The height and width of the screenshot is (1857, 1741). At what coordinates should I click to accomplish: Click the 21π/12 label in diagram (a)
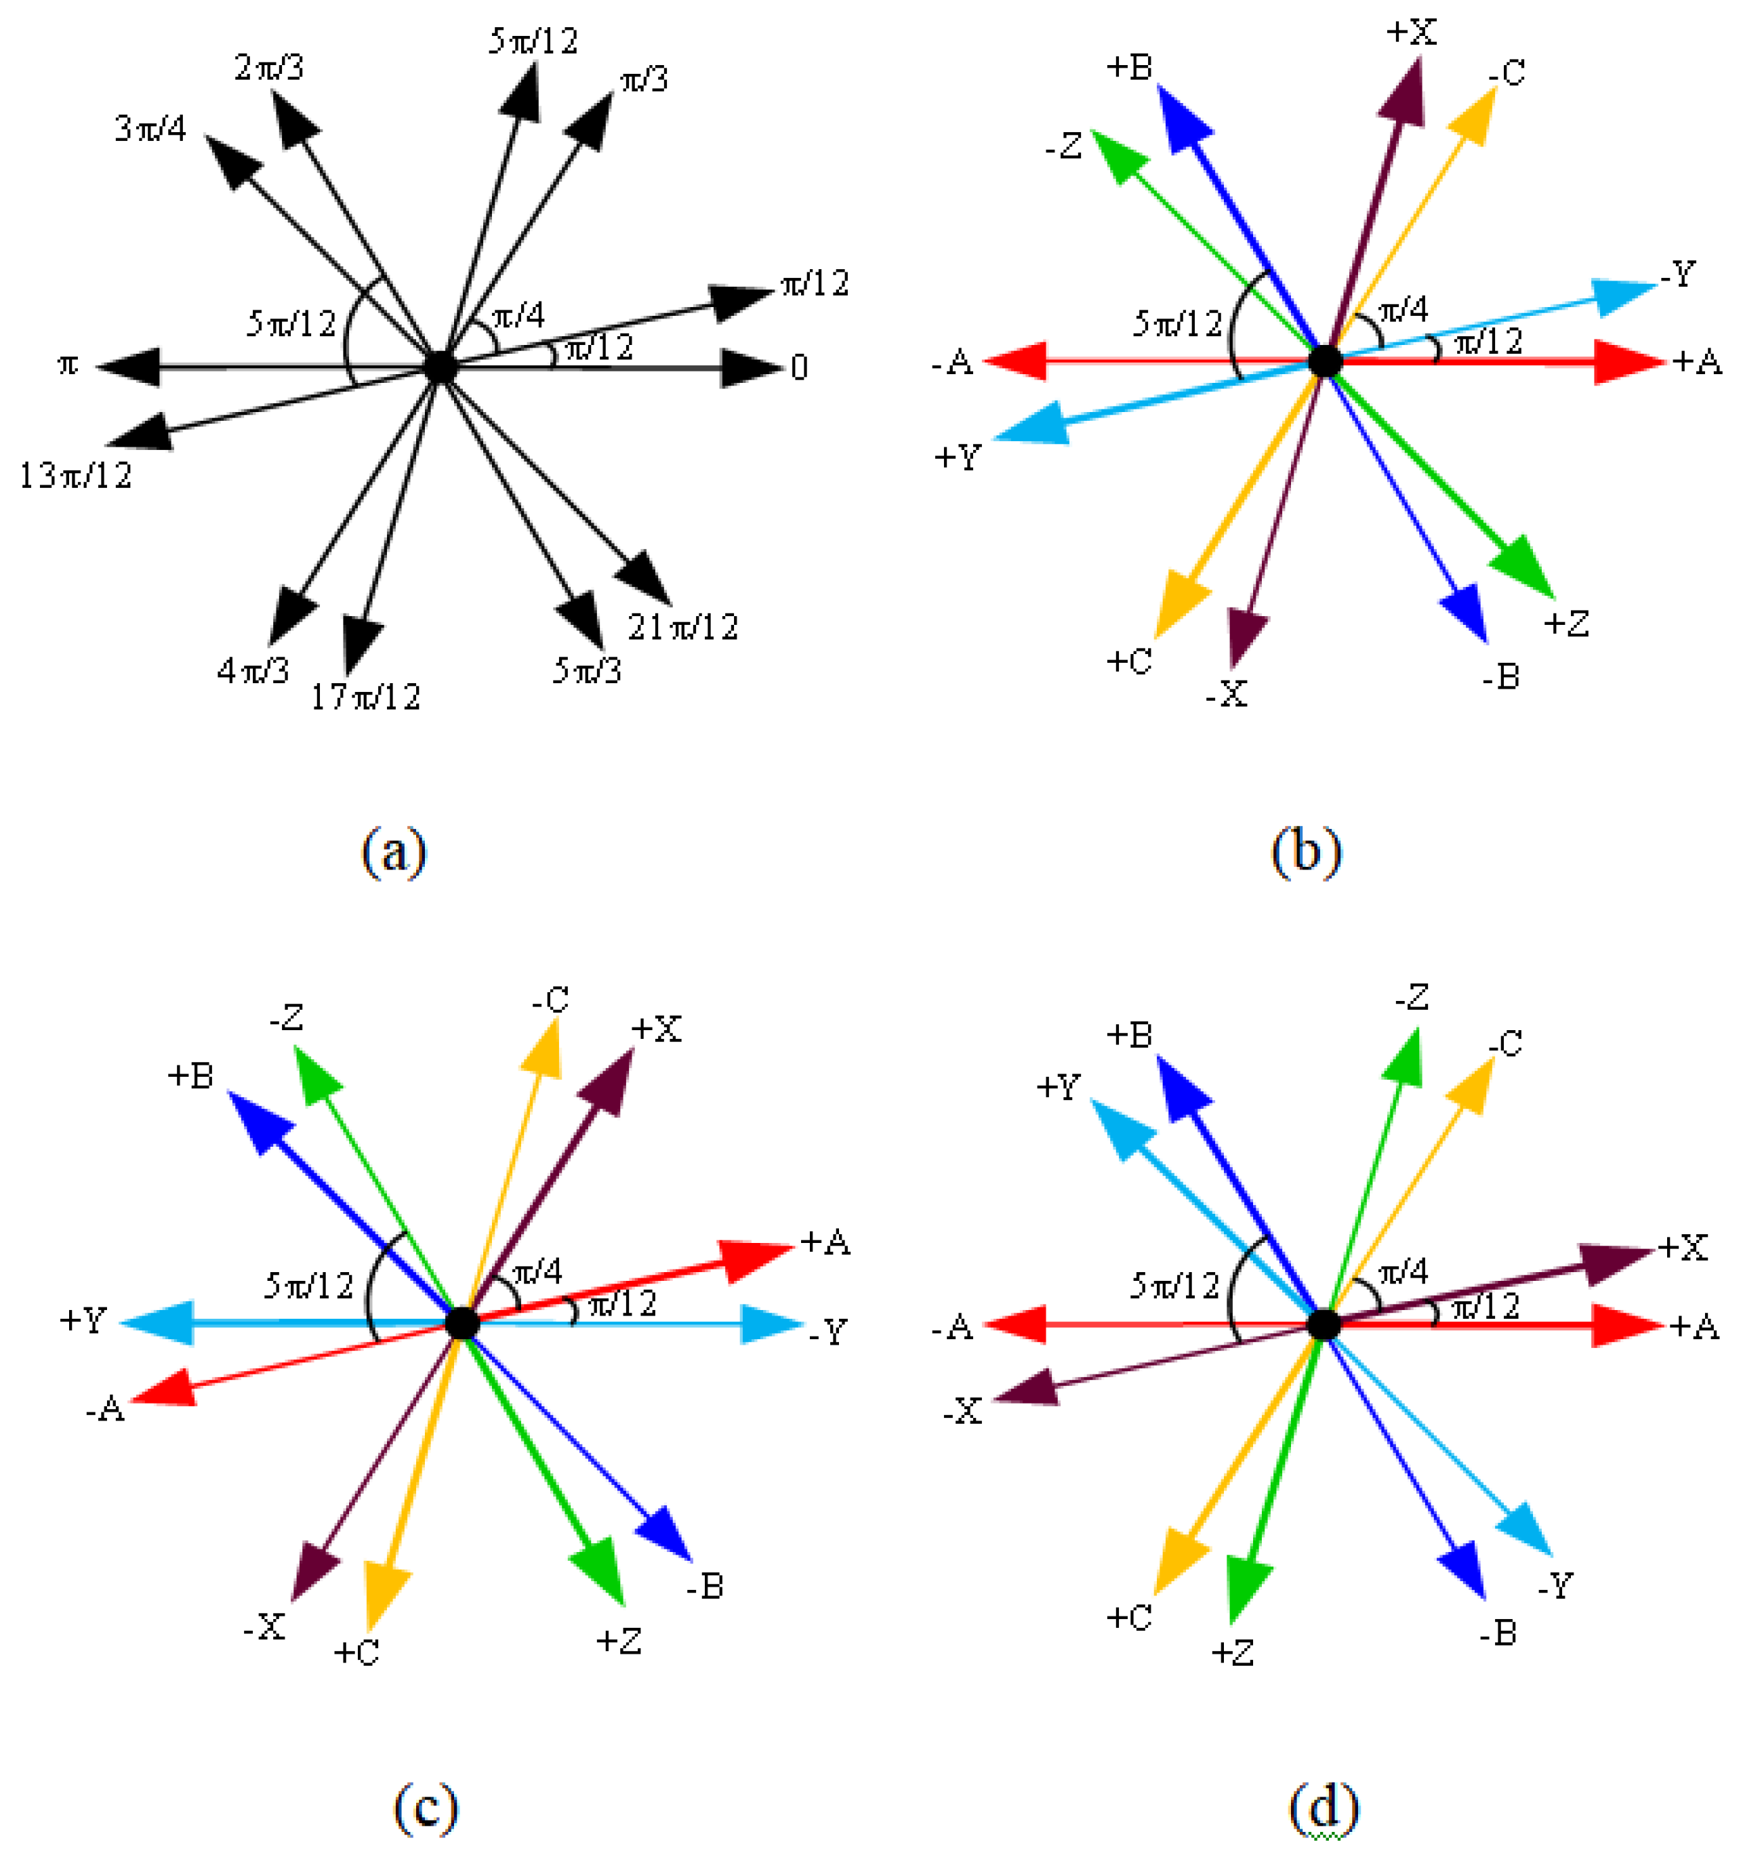point(682,627)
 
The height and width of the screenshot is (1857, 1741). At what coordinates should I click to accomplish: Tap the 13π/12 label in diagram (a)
point(76,476)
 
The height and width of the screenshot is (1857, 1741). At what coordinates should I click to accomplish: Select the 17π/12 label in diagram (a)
point(365,697)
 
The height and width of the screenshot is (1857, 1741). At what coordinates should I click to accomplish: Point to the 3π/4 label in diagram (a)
point(150,128)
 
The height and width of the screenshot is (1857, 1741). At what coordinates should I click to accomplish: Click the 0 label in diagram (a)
point(798,368)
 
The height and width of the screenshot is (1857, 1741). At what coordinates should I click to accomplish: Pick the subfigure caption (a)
point(393,852)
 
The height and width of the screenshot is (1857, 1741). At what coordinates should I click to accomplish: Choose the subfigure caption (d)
point(1323,1808)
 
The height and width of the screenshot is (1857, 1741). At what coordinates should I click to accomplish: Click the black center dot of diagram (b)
point(1324,361)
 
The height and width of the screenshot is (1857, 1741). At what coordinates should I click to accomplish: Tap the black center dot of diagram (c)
point(462,1323)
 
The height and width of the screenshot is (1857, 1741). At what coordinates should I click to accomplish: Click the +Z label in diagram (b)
point(1566,623)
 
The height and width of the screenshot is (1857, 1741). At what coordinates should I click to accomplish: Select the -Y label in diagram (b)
point(1677,274)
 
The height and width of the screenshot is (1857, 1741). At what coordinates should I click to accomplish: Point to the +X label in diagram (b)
point(1410,33)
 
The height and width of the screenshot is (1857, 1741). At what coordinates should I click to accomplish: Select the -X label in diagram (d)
point(962,1412)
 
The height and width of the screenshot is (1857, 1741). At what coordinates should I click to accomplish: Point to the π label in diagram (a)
point(67,365)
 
